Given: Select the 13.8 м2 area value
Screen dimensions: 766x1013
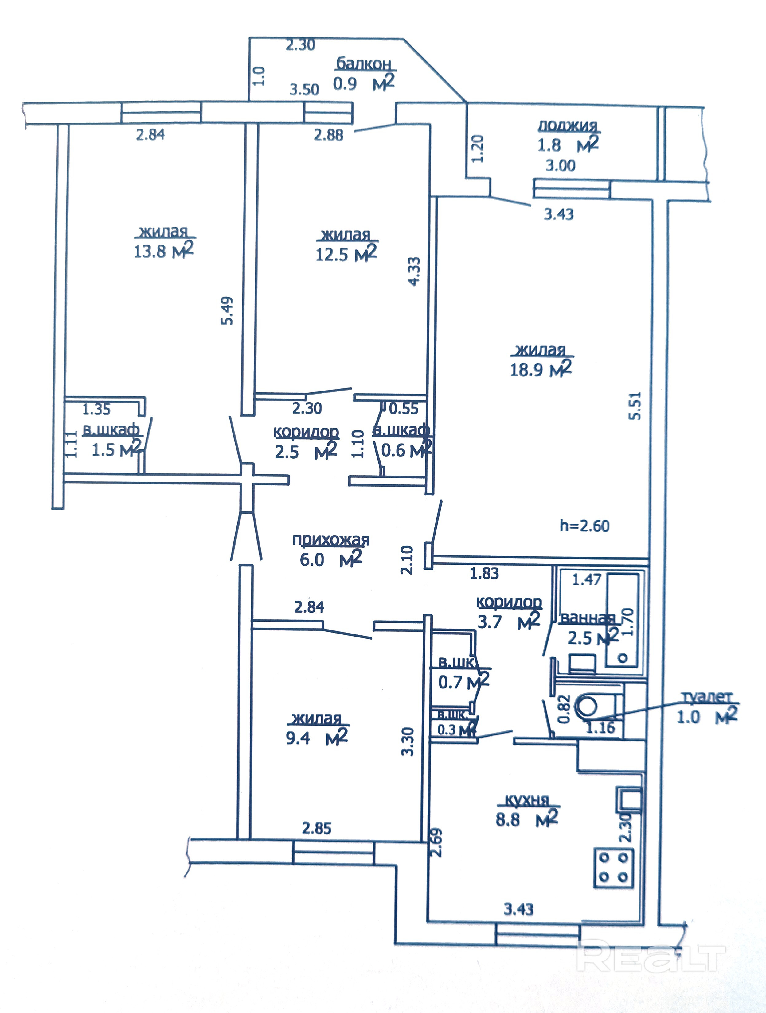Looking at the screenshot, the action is (164, 251).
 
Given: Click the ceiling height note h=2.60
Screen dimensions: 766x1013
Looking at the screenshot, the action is (584, 526).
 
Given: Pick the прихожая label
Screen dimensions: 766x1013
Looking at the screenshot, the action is (330, 540).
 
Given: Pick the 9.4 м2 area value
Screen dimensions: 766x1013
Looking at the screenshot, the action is (317, 738).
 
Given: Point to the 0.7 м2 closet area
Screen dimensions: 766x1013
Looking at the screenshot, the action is (463, 682).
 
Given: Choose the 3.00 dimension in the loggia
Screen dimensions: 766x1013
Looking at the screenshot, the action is (561, 165).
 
